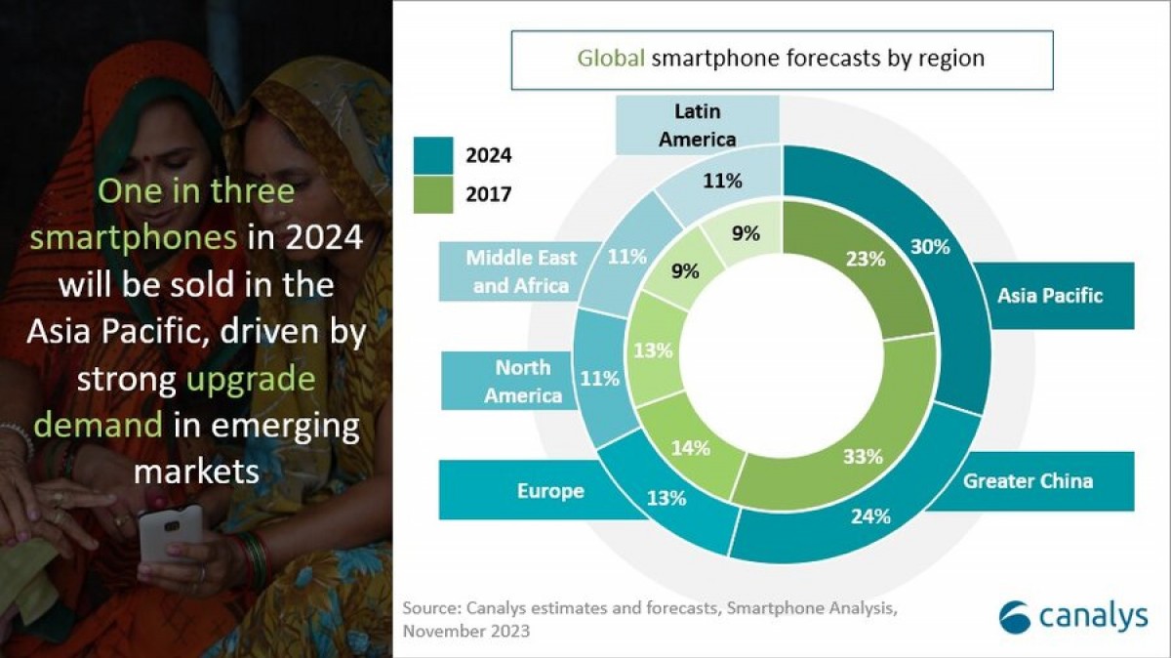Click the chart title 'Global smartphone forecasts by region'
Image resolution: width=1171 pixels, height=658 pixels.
781,59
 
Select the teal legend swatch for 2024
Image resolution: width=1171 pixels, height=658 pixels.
432,154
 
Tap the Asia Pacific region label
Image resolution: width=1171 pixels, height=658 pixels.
1050,295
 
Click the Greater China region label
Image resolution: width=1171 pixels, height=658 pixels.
1028,480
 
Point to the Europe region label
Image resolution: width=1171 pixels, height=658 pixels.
550,490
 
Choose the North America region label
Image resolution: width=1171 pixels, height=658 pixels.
522,381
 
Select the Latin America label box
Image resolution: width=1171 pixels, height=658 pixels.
697,126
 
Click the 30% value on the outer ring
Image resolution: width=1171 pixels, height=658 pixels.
929,247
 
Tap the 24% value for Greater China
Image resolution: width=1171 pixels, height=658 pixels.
870,516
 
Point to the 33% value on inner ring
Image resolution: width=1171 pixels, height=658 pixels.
863,456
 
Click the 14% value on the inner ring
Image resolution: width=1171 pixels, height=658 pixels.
689,449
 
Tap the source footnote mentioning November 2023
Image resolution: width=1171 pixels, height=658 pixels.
649,619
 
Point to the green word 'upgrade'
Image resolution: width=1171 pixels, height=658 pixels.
254,379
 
